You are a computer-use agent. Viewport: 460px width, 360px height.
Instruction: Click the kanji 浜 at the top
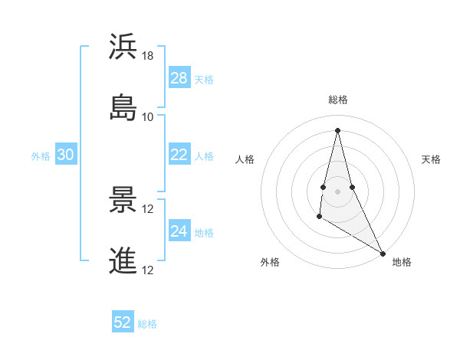(123, 47)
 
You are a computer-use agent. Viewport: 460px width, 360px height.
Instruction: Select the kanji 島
(123, 107)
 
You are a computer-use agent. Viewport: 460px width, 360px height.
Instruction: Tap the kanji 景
(123, 199)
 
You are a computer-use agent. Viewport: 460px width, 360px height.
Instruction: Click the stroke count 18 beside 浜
(148, 56)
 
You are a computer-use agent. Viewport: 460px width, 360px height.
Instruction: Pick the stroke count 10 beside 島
(148, 117)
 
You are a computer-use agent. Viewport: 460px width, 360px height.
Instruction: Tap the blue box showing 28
(179, 78)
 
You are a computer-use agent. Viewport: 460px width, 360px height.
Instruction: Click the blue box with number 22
(179, 155)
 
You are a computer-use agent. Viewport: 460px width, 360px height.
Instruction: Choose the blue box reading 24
(179, 231)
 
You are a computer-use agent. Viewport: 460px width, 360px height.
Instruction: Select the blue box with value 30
(66, 155)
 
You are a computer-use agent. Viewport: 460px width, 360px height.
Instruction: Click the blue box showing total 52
(123, 322)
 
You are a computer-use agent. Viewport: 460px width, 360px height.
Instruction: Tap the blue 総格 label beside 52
(148, 324)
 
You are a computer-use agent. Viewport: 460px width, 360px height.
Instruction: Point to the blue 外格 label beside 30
(41, 156)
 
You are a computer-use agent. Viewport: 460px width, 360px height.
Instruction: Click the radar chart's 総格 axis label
(338, 100)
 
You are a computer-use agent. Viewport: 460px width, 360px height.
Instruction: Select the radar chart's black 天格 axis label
(432, 159)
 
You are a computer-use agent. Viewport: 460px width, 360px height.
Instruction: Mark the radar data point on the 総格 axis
(337, 130)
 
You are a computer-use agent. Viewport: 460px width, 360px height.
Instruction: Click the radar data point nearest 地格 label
(383, 254)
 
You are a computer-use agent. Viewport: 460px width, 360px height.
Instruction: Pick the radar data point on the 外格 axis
(319, 217)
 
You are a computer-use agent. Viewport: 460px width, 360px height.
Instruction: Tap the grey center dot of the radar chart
(337, 191)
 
